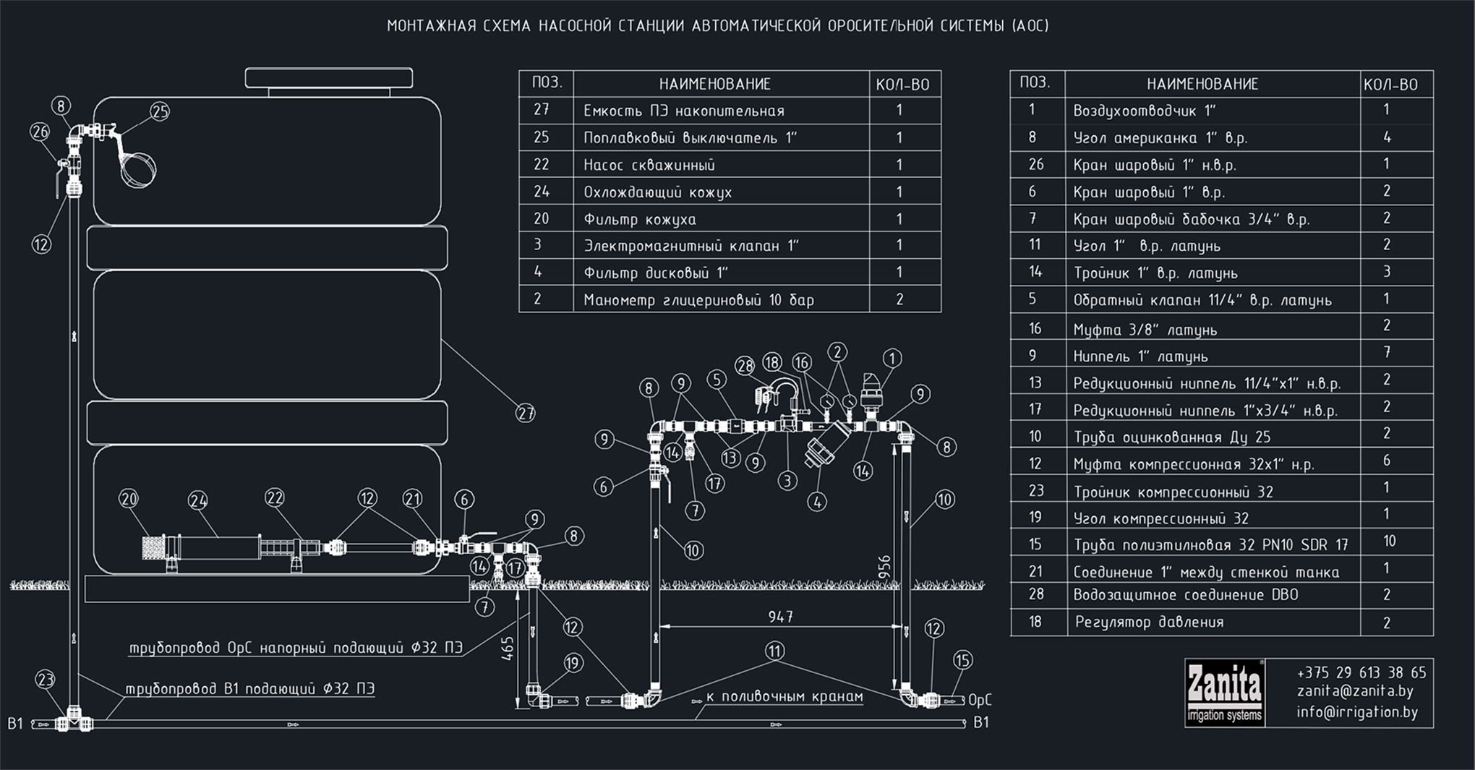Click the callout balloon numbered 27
(526, 414)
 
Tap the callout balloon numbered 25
(160, 111)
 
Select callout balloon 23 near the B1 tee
(45, 680)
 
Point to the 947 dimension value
(780, 617)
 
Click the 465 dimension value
(508, 648)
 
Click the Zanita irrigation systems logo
(1225, 693)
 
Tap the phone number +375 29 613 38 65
(1361, 672)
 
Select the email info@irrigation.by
(1357, 712)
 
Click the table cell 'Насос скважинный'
(649, 165)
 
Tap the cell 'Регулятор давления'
(1149, 622)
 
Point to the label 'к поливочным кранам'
(784, 696)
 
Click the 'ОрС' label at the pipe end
(979, 700)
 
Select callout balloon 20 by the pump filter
(129, 499)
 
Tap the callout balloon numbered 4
(817, 502)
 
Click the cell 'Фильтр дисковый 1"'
(655, 273)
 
